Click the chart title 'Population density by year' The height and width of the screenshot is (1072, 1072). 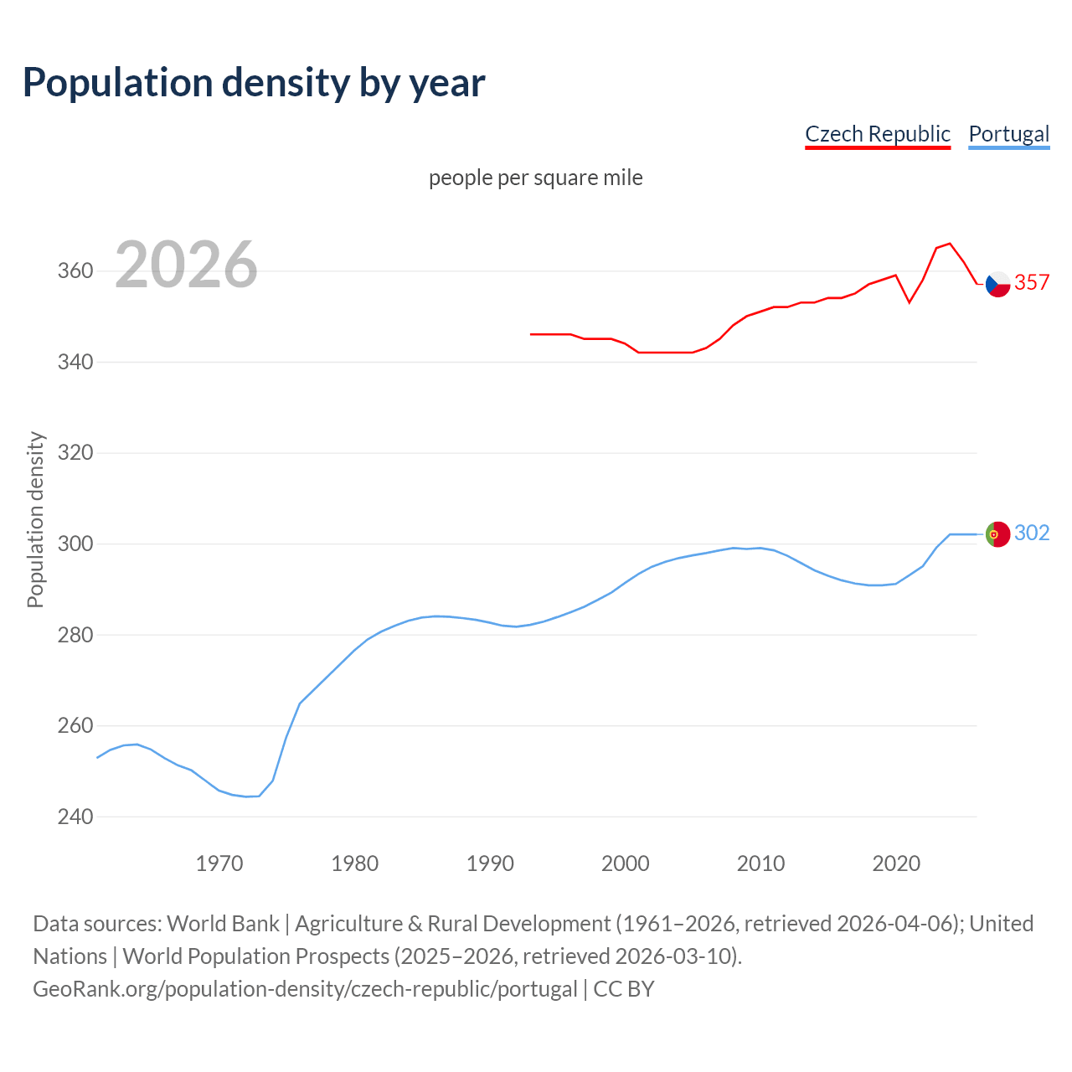pyautogui.click(x=254, y=82)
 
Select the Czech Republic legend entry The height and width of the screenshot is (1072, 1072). pyautogui.click(x=877, y=134)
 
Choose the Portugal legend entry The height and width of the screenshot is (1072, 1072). pyautogui.click(x=1008, y=134)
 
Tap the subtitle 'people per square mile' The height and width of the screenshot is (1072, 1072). pyautogui.click(x=535, y=178)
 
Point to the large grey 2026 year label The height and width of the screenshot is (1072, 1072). pyautogui.click(x=186, y=265)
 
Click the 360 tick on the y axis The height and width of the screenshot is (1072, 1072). pyautogui.click(x=75, y=271)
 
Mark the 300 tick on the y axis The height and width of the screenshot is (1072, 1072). pyautogui.click(x=75, y=544)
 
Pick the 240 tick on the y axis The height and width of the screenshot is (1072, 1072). pyautogui.click(x=75, y=817)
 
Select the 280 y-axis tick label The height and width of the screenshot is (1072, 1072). pyautogui.click(x=75, y=635)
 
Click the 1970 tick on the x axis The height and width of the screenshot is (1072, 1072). pyautogui.click(x=219, y=863)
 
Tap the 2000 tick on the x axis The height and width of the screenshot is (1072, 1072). pyautogui.click(x=626, y=863)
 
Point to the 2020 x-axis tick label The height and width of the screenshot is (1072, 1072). pyautogui.click(x=896, y=863)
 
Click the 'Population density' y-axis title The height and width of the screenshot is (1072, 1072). pyautogui.click(x=35, y=519)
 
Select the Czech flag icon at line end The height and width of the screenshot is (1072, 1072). pyautogui.click(x=997, y=284)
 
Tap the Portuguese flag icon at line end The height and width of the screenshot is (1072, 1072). pyautogui.click(x=997, y=533)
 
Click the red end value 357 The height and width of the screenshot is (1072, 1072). pyautogui.click(x=1032, y=282)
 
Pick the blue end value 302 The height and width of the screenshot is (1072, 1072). pyautogui.click(x=1032, y=533)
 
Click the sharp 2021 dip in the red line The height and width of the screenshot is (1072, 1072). pyautogui.click(x=910, y=301)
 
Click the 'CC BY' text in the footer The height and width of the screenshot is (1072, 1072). pyautogui.click(x=624, y=989)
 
